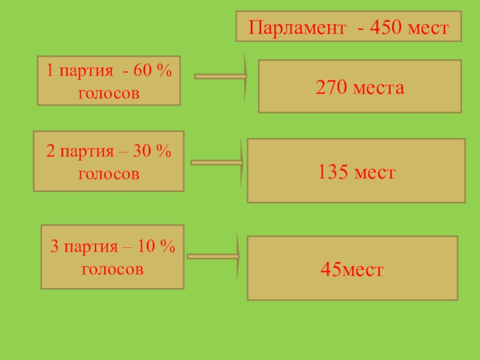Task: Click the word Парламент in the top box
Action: pyautogui.click(x=297, y=28)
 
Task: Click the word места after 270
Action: pyautogui.click(x=379, y=88)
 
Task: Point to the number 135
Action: pyautogui.click(x=334, y=173)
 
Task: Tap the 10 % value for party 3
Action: pyautogui.click(x=157, y=247)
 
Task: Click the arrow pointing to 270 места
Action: pyautogui.click(x=221, y=77)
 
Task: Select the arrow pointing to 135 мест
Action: pyautogui.click(x=217, y=162)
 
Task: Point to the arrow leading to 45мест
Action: pyautogui.click(x=214, y=257)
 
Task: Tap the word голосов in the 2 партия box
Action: pyautogui.click(x=109, y=174)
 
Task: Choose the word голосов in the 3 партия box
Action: pyautogui.click(x=113, y=269)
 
